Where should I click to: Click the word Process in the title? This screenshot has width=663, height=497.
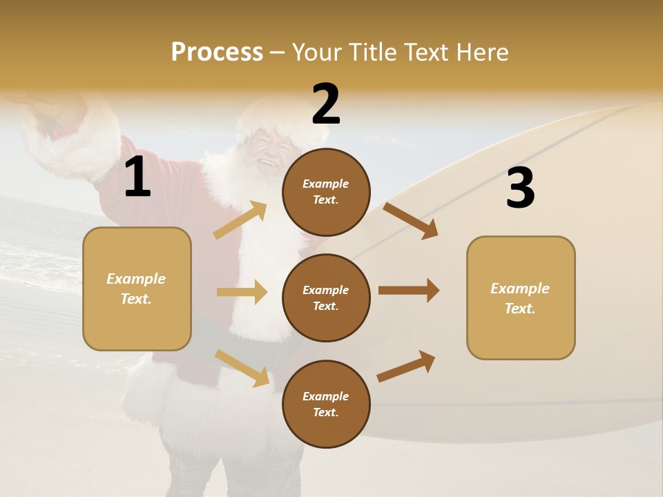coord(217,52)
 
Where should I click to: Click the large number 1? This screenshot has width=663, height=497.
coord(137,177)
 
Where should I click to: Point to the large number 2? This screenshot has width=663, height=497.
coord(326,104)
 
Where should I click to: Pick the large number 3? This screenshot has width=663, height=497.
coord(520,188)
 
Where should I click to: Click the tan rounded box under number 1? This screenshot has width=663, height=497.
coord(137,289)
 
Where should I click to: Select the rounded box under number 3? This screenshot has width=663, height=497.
coord(521,298)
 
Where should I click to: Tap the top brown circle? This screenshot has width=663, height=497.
coord(326,192)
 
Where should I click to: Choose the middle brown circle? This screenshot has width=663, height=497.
coord(326,298)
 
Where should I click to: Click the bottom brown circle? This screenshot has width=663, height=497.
coord(326,404)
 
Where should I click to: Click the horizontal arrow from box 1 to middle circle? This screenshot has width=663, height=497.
coord(242,292)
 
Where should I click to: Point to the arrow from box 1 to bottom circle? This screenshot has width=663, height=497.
coord(242,367)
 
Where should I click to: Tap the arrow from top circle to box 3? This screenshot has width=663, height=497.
coord(411,220)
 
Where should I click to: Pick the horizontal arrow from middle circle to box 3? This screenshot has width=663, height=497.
coord(409,291)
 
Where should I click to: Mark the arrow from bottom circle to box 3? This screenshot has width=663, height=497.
coord(406,366)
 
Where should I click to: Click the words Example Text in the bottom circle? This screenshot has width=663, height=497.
coord(326,404)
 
